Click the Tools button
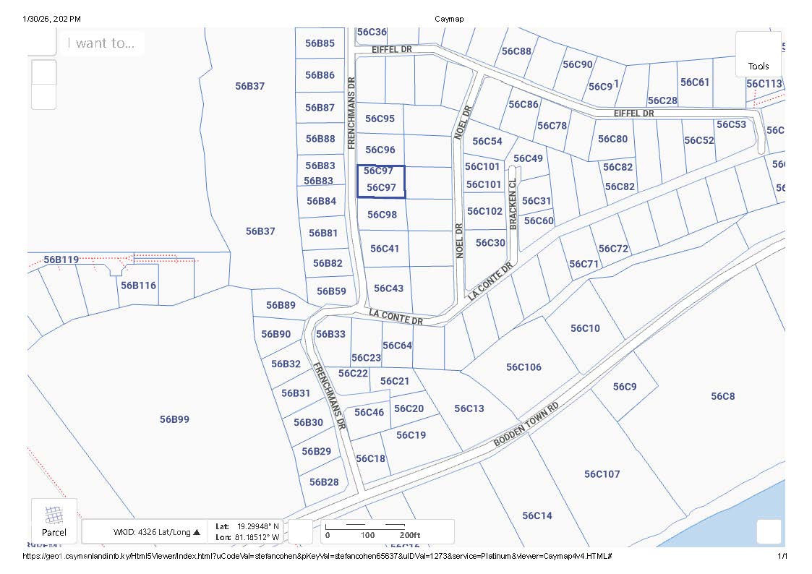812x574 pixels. coord(758,55)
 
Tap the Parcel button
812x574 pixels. coord(54,521)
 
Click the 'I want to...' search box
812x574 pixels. coord(101,43)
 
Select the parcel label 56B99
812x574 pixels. coord(174,419)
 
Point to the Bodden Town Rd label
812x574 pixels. coord(526,424)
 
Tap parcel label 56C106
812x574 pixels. coord(523,367)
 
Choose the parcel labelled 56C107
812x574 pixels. coord(602,474)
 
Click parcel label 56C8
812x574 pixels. coord(722,396)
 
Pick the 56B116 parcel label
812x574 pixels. coord(138,286)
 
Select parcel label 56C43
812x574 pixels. coord(388,288)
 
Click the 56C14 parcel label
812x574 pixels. coord(537,515)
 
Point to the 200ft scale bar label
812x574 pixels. coord(409,535)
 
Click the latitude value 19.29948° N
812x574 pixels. coord(259,526)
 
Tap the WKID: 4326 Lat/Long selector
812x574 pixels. coord(156,532)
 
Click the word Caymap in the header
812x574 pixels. coord(450,18)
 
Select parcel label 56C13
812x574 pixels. coord(469,408)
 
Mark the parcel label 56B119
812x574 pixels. coord(61,260)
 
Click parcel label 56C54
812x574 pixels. coord(487,141)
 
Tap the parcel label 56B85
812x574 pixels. coord(320,43)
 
